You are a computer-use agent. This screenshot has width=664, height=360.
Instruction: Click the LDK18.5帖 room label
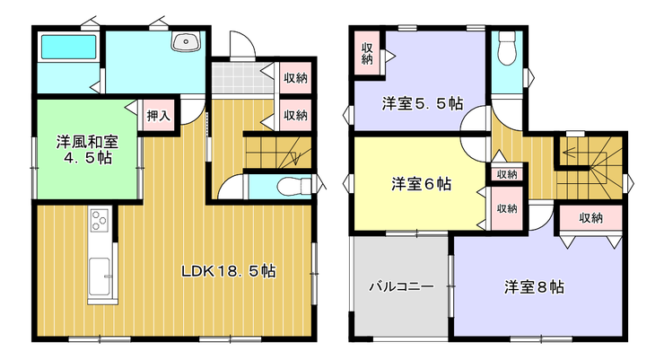tap(229, 270)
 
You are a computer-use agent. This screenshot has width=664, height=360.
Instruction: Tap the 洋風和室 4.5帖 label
tap(88, 150)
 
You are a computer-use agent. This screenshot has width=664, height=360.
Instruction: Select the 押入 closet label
tap(159, 115)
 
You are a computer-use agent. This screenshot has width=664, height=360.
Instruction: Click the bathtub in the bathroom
tap(68, 47)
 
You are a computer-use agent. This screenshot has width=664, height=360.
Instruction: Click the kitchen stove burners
tap(100, 220)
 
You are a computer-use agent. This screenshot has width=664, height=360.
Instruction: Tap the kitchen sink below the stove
tap(100, 277)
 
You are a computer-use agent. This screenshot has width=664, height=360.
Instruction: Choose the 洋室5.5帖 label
tap(423, 103)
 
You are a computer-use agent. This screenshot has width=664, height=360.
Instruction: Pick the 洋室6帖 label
tap(422, 184)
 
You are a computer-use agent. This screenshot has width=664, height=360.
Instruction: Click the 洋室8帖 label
tap(534, 287)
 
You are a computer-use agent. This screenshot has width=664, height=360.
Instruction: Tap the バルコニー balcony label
tap(401, 286)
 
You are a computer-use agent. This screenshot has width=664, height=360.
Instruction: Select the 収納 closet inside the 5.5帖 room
tap(367, 53)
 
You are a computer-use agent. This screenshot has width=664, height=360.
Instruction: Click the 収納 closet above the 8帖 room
tap(590, 218)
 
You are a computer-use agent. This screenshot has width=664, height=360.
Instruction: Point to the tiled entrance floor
tap(241, 78)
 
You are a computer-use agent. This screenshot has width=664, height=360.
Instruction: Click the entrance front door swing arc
tap(249, 39)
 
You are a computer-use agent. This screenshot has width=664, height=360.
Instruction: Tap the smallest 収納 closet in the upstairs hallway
tap(507, 173)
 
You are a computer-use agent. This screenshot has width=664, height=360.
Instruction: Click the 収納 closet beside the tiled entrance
tap(295, 78)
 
